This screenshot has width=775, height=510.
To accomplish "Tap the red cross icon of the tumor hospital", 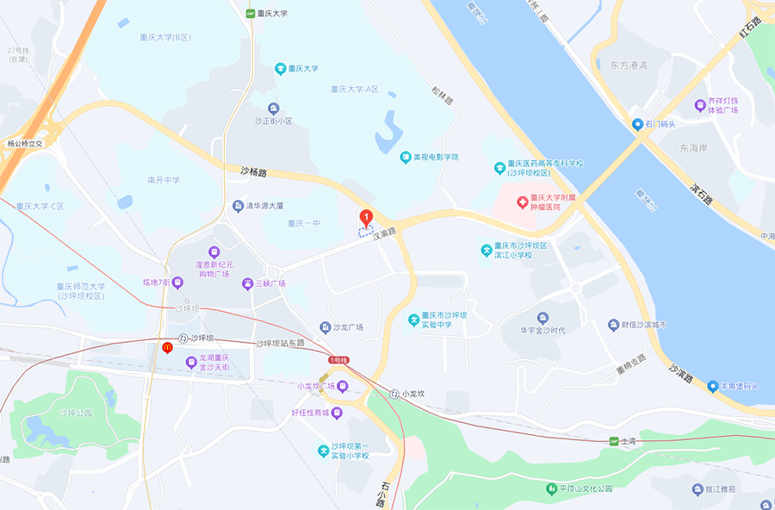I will [521, 202].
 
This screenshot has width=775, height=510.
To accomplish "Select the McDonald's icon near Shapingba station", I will [167, 347].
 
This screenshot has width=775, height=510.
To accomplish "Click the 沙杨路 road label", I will [253, 172].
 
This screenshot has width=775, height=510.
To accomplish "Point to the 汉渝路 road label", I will [384, 233].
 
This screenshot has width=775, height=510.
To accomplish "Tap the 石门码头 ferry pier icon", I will [638, 124].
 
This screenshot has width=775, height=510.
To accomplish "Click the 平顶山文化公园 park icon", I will [551, 488].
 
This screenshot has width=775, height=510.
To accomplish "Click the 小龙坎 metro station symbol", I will [394, 394].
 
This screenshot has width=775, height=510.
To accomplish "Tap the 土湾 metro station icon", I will [614, 442].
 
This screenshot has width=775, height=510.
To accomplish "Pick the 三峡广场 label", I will [269, 283].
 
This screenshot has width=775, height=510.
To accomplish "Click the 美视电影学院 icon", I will [406, 157].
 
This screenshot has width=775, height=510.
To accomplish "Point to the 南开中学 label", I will [164, 180].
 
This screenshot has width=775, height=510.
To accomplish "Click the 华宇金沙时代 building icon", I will [542, 318].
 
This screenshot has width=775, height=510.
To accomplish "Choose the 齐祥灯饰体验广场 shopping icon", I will [700, 105].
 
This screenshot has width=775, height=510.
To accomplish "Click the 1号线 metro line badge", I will [338, 359].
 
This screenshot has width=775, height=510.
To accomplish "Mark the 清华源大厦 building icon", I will [238, 206].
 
